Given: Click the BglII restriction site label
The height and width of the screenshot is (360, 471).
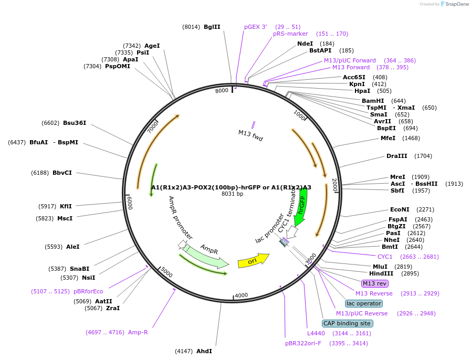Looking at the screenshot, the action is pos(212,27).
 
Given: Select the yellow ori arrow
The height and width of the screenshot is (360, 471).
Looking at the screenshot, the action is pos(254,261).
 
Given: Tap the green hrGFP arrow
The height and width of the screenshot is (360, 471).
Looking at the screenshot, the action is pos(301,207).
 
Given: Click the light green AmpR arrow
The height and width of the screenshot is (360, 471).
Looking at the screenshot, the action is pos(206,256).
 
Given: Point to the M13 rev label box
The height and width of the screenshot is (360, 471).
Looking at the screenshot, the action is pos(374,283).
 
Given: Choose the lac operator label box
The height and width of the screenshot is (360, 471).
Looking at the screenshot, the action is pos(364,303).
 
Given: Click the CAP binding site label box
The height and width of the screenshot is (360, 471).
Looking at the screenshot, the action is pos(348,323).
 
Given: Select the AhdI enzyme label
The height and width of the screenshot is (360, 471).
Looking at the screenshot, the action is pos(204,351).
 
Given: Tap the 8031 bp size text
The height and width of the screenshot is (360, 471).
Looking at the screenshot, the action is pos(232,194).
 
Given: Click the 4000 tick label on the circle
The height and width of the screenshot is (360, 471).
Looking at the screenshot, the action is pos(241,295).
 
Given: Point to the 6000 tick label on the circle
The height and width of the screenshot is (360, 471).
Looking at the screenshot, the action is pos(130,203).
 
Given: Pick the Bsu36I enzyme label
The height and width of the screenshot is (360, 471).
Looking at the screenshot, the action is pos(75,123).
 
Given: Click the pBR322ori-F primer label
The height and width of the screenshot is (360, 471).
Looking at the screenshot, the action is pos(303,343).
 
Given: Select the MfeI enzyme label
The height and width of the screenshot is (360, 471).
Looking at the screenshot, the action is pos(388,138).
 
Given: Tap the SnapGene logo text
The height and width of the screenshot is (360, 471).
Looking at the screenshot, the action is pos(457,4).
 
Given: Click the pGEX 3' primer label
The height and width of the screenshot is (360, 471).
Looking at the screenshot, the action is pos(255,27).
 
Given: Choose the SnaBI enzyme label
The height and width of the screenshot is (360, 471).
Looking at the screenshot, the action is pos(80,269).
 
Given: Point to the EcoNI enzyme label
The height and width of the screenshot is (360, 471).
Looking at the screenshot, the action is pos(400,209).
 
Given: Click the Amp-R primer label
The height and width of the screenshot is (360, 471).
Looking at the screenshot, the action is pos(138,332).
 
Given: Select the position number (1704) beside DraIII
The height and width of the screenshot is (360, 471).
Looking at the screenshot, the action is pos(423,156).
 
